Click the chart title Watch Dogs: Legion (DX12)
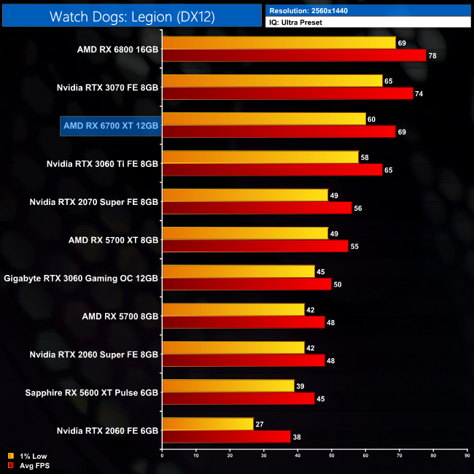132,17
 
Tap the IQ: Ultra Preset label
297,23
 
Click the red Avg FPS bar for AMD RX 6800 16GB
295,55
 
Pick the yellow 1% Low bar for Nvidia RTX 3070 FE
273,81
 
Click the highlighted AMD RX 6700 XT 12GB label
111,125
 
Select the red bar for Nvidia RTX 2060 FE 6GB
227,436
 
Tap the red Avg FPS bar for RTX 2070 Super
257,208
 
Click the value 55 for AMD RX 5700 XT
356,246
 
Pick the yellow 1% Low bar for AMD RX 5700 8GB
234,309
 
